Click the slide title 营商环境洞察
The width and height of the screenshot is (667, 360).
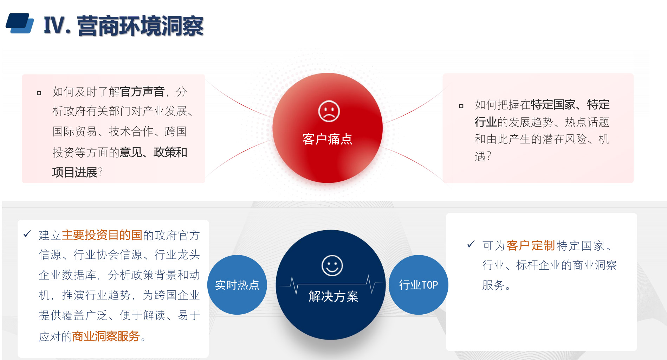[x=140, y=26]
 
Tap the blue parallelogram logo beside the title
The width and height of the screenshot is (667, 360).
[x=20, y=23]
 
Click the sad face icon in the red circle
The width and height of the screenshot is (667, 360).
[x=329, y=111]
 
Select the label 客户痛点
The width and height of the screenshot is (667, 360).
[x=328, y=139]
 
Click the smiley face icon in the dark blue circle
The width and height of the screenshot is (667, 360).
[x=332, y=265]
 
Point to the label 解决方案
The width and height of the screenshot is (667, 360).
[x=333, y=296]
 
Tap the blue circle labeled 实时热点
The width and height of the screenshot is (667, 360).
[x=237, y=285]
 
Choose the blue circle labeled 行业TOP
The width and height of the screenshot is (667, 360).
[x=419, y=285]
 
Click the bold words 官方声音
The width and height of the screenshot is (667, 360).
[x=142, y=91]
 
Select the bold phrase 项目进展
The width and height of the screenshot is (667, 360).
[x=75, y=172]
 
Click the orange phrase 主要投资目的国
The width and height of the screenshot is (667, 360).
[x=102, y=235]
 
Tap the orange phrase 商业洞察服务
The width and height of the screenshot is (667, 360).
[x=106, y=336]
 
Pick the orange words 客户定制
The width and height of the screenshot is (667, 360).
[x=531, y=245]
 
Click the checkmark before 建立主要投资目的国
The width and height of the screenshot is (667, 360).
[x=27, y=234]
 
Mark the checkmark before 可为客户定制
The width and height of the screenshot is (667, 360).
[x=471, y=244]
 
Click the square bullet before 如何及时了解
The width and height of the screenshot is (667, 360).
[x=39, y=93]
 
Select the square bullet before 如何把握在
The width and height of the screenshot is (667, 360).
[x=461, y=106]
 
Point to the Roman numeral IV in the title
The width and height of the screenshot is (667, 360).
[x=54, y=26]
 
